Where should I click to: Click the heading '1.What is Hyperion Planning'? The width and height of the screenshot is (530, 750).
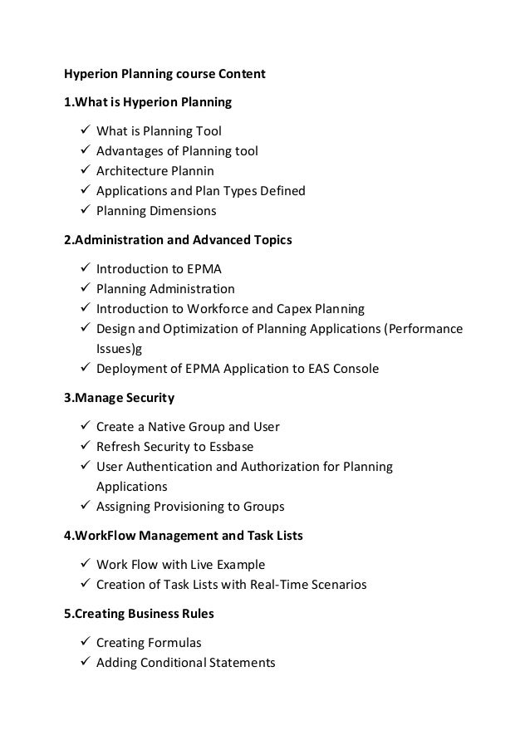pos(148,103)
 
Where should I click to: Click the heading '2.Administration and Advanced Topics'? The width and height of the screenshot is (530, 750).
pos(178,241)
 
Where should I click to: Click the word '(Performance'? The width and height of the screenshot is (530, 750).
pos(424,329)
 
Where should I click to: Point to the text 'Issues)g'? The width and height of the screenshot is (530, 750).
pos(120,349)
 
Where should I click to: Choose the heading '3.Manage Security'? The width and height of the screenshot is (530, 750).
pos(120,398)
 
